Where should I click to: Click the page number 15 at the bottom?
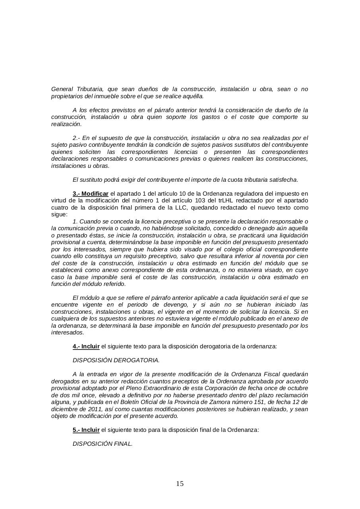pyautogui.click(x=180, y=484)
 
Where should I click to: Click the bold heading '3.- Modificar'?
pyautogui.click(x=90, y=194)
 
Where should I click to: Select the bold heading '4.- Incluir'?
pyautogui.click(x=86, y=346)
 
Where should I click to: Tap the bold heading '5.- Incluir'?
pyautogui.click(x=86, y=430)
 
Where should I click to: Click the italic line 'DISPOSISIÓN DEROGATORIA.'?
pyautogui.click(x=116, y=360)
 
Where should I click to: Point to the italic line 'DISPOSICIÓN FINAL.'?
pyautogui.click(x=103, y=444)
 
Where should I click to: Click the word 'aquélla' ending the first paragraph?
pyautogui.click(x=194, y=96)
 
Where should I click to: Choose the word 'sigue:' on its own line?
pyautogui.click(x=60, y=214)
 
